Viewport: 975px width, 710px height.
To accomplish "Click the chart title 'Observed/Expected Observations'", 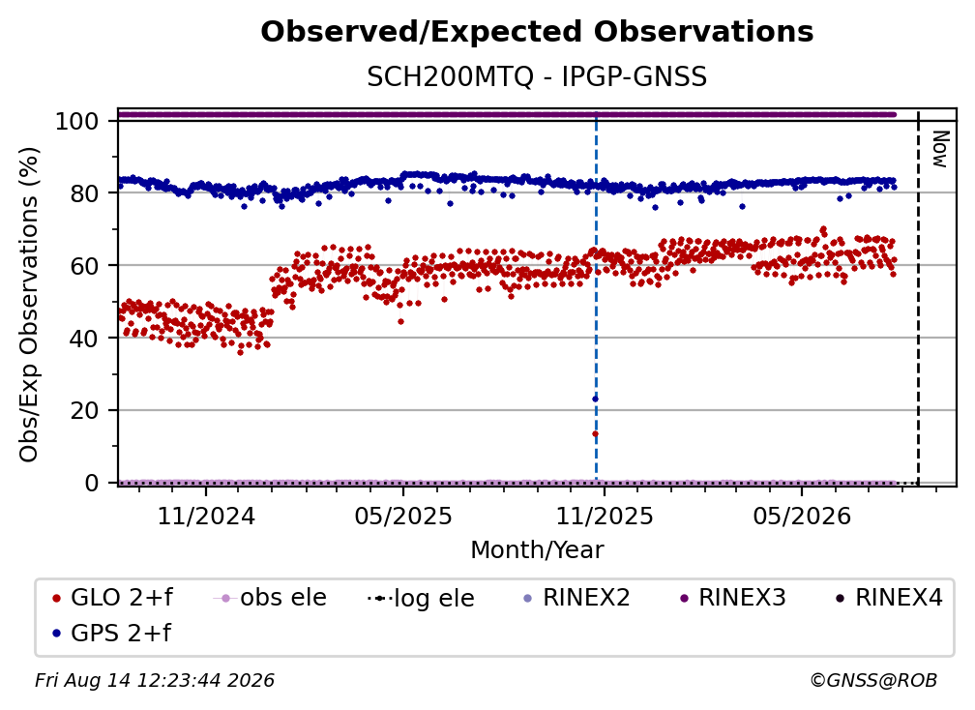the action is [537, 32].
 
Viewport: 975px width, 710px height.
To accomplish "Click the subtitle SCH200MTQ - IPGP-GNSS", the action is [537, 77].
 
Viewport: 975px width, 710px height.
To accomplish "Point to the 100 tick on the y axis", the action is [77, 121].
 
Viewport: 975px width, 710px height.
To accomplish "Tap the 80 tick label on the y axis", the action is [84, 193].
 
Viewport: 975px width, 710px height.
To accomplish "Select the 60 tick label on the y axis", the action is [84, 265].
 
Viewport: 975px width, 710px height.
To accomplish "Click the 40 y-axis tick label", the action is [84, 339].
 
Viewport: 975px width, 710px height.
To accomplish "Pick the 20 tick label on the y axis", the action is [84, 410].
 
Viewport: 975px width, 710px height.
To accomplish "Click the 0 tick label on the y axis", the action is [92, 483].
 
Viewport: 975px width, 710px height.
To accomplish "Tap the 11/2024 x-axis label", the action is [206, 516].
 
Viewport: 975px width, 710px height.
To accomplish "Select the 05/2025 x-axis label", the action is [403, 516].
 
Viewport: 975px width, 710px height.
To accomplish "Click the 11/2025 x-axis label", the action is [604, 516].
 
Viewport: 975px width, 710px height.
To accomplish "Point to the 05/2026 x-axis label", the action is [802, 516].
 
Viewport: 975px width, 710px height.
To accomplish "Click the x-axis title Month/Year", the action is [537, 550].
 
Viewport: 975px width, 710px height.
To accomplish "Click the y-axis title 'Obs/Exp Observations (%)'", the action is [29, 305].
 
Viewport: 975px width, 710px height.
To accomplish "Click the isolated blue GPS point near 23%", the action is [595, 399].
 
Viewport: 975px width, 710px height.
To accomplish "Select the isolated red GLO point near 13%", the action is [595, 434].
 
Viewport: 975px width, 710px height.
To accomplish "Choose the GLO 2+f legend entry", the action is [112, 598].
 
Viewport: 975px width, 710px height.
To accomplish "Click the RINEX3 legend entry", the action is [733, 598].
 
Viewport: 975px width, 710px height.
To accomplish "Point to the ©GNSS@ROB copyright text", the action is [873, 681].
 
